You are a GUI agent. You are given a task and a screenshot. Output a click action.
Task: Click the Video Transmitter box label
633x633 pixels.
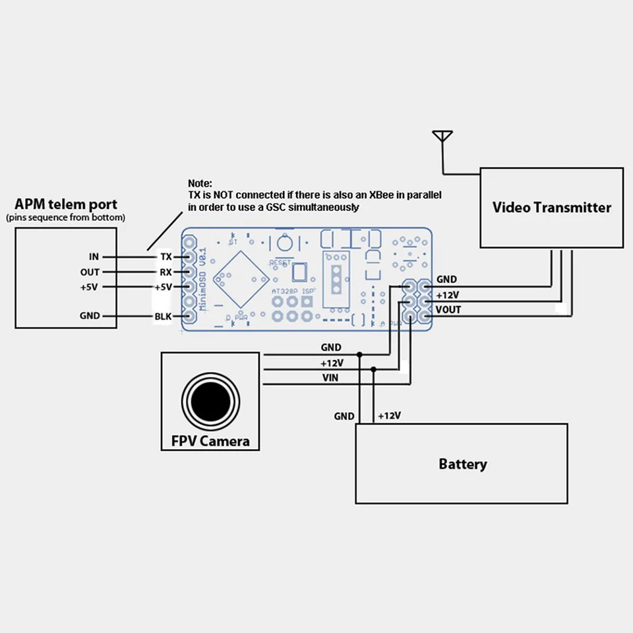[552, 207]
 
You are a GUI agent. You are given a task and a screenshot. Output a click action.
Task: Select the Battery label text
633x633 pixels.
[462, 464]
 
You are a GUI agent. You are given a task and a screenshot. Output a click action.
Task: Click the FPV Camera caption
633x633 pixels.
[210, 440]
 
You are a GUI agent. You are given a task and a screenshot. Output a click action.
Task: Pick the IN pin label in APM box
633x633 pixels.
[94, 256]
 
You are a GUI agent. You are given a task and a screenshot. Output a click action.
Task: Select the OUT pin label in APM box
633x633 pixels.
[90, 272]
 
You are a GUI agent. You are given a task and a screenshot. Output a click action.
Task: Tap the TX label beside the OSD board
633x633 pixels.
[166, 256]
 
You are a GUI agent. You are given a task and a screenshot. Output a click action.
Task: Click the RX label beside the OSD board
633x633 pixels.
[166, 272]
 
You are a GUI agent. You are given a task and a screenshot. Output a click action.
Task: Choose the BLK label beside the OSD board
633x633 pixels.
[163, 316]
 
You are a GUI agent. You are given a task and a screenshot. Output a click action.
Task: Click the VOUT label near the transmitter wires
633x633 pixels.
[448, 309]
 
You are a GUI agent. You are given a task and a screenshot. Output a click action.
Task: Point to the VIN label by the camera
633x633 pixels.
[330, 378]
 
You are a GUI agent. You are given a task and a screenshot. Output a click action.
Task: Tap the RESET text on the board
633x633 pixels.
[280, 262]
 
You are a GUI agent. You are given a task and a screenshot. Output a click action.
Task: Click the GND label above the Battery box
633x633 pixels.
[344, 416]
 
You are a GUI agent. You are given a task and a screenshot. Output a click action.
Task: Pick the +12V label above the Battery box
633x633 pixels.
[390, 416]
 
